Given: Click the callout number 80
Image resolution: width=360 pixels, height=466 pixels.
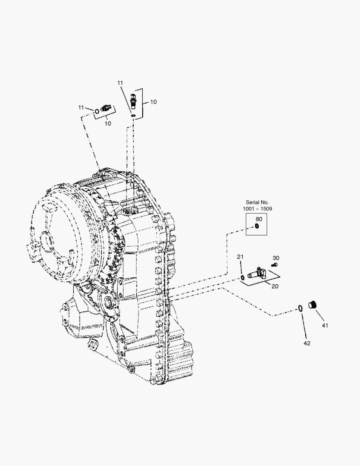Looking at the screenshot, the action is [259, 219].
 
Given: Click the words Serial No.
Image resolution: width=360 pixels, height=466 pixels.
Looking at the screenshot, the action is [257, 202].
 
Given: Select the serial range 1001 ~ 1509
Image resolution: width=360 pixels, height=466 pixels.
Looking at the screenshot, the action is [257, 209].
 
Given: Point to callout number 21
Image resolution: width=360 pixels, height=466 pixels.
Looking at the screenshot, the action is [240, 256].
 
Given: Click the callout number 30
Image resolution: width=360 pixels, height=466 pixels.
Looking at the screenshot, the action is [276, 258].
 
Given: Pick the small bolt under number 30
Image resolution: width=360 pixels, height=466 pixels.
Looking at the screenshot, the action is [275, 264].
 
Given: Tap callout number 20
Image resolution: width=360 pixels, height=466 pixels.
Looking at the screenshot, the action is [275, 286].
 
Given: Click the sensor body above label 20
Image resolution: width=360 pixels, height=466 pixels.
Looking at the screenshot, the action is [257, 272].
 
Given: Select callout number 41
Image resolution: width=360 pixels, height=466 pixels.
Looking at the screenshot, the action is [325, 325].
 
